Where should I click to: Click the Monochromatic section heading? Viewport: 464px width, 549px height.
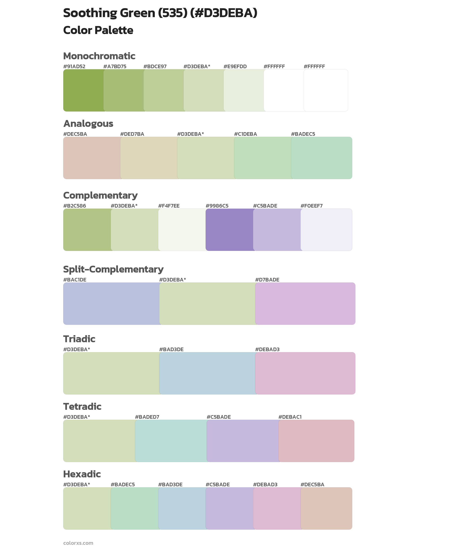pos(99,56)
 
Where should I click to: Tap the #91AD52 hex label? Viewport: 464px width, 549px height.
pos(74,67)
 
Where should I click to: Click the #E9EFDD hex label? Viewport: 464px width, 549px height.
pos(235,67)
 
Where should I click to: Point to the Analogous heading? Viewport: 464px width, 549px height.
pos(88,124)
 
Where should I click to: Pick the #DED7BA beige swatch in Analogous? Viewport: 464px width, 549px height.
pos(149,158)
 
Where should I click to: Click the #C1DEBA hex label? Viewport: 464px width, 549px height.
pos(245,134)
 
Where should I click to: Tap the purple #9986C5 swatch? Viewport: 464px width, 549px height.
pos(229,230)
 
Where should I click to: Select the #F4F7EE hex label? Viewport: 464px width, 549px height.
pos(169,206)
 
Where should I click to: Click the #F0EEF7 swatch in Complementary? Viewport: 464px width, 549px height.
pos(326,230)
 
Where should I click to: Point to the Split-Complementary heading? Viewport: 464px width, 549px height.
pos(113,269)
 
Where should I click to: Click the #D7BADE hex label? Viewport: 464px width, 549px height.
pos(267,280)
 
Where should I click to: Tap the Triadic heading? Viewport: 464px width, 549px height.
pos(79,339)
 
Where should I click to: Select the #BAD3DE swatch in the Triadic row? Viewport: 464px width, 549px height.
pos(207,373)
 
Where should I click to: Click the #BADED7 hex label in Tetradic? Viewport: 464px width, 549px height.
pos(147,417)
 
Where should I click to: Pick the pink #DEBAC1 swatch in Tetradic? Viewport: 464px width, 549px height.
pos(316,441)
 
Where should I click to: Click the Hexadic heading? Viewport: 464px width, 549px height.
pos(82,474)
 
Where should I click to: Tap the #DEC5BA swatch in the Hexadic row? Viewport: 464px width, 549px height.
pos(326,508)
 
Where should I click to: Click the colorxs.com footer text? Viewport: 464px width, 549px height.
pos(78,543)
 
